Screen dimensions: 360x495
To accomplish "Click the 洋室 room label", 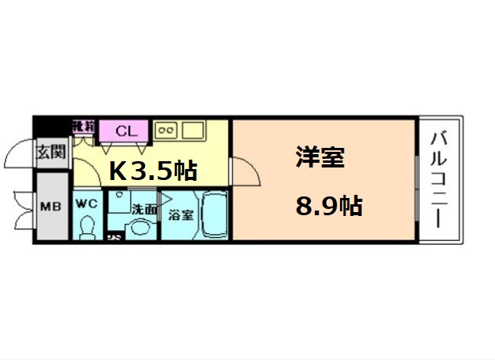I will click(x=320, y=157).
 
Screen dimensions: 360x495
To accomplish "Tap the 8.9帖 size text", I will click(x=328, y=206).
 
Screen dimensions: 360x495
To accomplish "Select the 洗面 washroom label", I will click(x=143, y=210).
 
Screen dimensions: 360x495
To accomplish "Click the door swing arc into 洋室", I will click(x=246, y=171).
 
